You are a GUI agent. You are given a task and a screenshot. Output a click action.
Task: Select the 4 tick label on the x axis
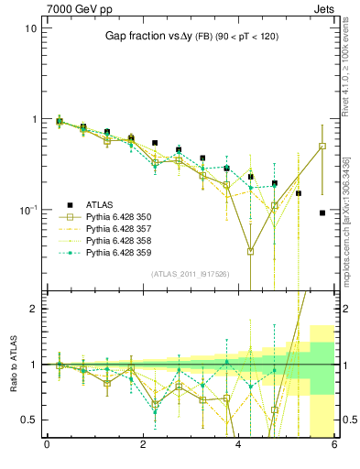click(239, 446)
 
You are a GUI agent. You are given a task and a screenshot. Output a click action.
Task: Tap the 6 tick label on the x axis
click(334, 446)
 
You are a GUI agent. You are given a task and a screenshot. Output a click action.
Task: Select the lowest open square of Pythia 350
click(250, 251)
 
